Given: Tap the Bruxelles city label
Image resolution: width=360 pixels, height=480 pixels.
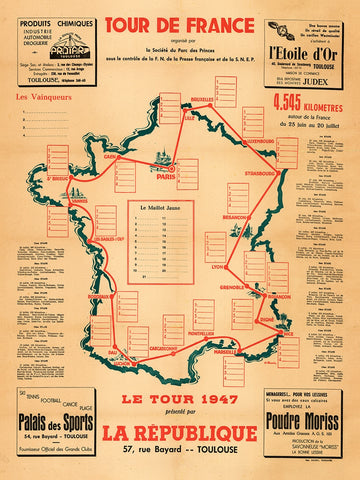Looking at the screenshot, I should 203,100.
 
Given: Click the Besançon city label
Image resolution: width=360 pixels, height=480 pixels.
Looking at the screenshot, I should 235,216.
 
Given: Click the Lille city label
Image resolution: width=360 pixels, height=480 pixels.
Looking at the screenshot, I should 189,117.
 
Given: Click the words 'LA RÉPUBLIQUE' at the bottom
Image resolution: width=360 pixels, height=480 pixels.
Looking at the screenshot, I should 181,432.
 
